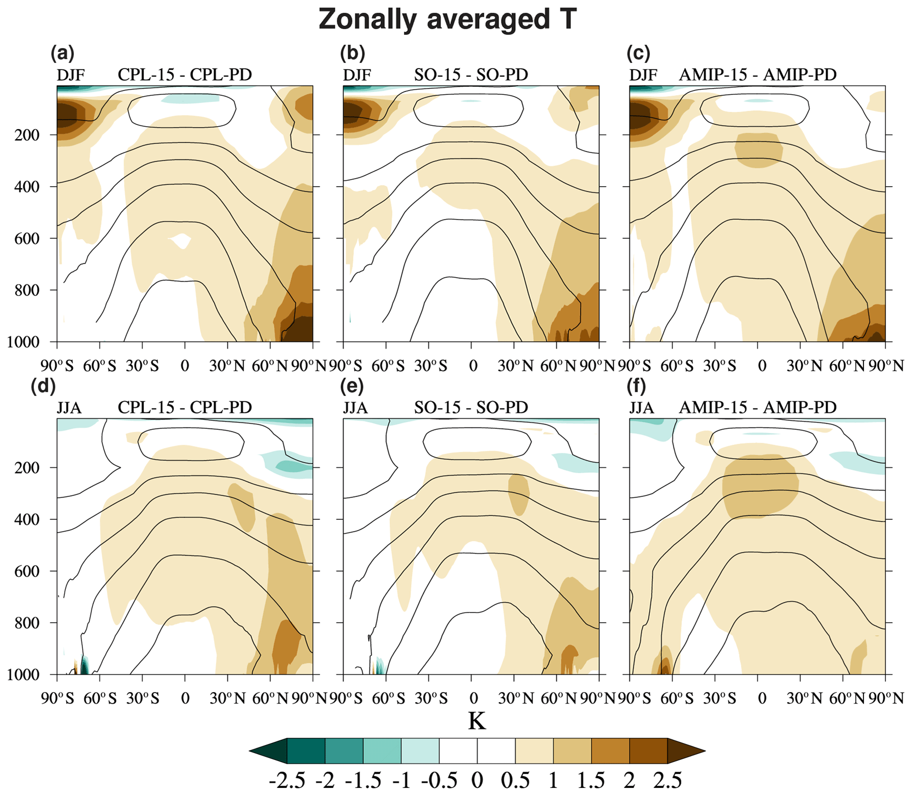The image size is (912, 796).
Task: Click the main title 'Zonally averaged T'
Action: click(447, 20)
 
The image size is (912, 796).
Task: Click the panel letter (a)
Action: click(62, 53)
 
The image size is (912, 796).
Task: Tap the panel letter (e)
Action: click(352, 386)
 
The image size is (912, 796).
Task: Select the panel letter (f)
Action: click(636, 386)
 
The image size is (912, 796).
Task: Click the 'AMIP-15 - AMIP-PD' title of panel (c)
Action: click(757, 75)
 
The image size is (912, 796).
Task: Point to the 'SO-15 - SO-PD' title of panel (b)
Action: click(471, 75)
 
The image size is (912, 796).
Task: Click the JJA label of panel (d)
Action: click(69, 408)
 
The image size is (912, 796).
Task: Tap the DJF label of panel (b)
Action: click(357, 75)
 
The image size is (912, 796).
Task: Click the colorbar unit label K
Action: click(476, 721)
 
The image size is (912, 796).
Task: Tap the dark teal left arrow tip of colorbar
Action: click(268, 751)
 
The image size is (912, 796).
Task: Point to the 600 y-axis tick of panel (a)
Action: click(27, 239)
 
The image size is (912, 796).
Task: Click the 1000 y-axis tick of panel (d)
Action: click(23, 675)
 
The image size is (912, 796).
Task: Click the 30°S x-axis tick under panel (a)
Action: click(142, 366)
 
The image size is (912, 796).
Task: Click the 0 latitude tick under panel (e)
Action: click(473, 699)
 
